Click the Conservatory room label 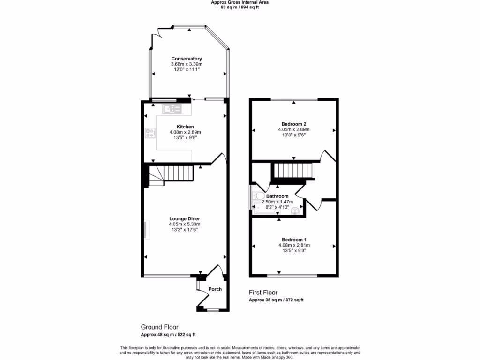187,59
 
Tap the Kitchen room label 185,127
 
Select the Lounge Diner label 185,218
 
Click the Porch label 215,289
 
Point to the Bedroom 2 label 293,124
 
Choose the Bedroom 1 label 293,239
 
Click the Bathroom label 277,196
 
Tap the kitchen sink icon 172,109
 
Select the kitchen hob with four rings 150,133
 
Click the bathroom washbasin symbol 295,211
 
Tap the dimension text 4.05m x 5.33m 185,224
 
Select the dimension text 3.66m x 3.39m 187,64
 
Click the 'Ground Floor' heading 159,327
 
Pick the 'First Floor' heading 264,292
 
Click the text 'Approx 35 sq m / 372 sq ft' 279,300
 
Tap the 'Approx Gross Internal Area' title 240,2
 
